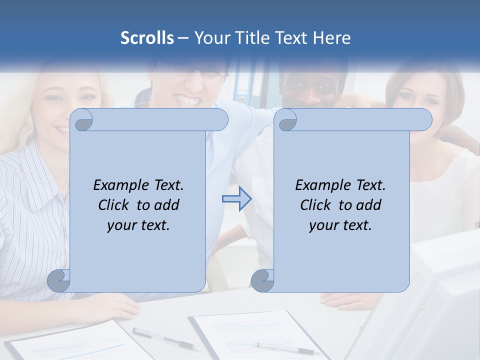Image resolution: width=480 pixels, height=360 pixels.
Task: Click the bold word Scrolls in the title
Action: (147, 38)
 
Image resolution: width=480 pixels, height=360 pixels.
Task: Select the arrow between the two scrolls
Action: (236, 199)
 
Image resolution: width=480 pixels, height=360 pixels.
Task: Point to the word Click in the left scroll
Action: (115, 205)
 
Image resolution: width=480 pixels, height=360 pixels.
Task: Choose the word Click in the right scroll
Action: (317, 205)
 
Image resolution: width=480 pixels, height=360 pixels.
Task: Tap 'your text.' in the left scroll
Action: (138, 225)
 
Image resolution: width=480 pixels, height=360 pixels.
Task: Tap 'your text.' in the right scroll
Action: (340, 225)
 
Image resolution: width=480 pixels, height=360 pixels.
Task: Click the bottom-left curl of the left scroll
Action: (59, 280)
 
